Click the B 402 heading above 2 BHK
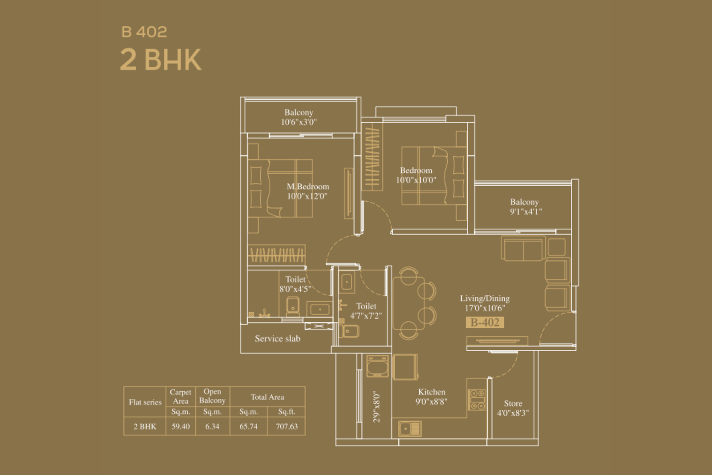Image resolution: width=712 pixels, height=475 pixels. point(144,32)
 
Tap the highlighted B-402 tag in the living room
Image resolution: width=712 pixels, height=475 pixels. point(485,322)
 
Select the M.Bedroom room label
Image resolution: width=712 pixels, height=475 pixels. point(307,187)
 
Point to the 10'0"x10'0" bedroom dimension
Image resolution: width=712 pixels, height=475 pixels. point(416,180)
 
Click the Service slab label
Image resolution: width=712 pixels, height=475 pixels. point(278,338)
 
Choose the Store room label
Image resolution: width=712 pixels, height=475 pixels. point(513,403)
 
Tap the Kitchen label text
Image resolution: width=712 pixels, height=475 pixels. point(432,392)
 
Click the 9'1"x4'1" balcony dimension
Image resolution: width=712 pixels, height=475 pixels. point(526,212)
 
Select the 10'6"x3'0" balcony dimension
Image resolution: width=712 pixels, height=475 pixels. point(299,122)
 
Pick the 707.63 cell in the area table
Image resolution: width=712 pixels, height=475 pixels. point(287,426)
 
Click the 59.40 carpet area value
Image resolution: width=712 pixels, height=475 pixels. point(181,426)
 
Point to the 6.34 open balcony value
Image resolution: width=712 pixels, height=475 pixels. point(212,426)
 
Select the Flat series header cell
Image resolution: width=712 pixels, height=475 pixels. point(145,402)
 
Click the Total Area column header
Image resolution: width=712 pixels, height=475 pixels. point(267,397)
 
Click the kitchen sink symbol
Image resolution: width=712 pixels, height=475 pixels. point(410,429)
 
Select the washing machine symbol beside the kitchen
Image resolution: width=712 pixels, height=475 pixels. point(377,366)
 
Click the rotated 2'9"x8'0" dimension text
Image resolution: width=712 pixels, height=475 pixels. point(376,406)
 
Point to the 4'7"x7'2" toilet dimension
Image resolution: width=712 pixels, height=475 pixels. point(366,316)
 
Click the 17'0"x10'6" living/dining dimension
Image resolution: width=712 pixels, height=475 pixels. point(485,308)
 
